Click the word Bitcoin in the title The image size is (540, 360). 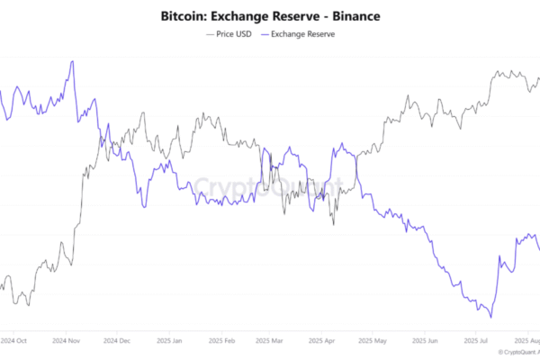click(183, 15)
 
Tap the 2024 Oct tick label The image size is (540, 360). click(13, 341)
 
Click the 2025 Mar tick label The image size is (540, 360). click(268, 341)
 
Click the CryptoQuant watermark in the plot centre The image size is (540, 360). click(269, 187)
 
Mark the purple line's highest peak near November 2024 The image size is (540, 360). click(71, 61)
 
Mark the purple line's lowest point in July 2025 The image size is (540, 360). click(490, 317)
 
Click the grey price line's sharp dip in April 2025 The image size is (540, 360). click(333, 223)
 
